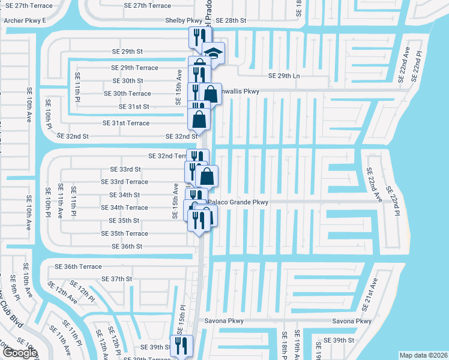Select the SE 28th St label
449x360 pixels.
click(x=231, y=20)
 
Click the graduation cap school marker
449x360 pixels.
click(x=212, y=52)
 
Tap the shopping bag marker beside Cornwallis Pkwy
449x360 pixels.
click(x=211, y=94)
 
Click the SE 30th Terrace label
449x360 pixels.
click(x=127, y=94)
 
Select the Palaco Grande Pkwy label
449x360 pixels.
click(x=238, y=203)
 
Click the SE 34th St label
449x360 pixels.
click(x=124, y=195)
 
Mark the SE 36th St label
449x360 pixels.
click(x=127, y=247)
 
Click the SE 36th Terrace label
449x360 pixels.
click(x=78, y=266)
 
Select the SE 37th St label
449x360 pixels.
click(x=117, y=279)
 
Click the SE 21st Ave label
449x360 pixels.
click(x=370, y=295)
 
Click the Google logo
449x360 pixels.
click(x=20, y=353)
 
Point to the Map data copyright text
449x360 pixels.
click(x=423, y=355)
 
